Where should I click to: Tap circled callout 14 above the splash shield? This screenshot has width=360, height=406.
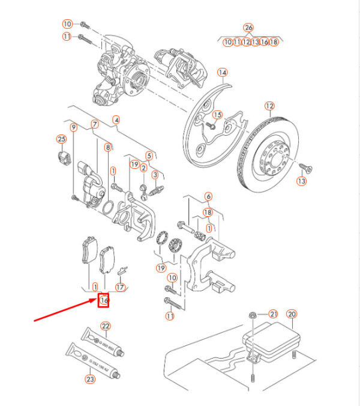[x=223, y=73]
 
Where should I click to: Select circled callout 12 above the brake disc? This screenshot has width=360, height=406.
[x=269, y=106]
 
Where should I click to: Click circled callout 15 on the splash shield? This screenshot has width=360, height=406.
[x=217, y=115]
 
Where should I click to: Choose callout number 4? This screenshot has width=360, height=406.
[x=116, y=119]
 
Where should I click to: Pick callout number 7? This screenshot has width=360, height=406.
[x=94, y=126]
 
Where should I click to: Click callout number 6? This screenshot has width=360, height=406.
[x=208, y=196]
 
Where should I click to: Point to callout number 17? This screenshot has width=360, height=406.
[x=121, y=288]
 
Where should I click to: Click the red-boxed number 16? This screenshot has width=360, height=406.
[x=104, y=299]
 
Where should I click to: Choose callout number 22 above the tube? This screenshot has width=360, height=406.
[x=106, y=326]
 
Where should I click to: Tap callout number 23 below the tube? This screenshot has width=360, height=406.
[x=90, y=379]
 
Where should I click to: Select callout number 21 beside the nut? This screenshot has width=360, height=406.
[x=273, y=314]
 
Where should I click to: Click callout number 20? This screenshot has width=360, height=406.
[x=292, y=314]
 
